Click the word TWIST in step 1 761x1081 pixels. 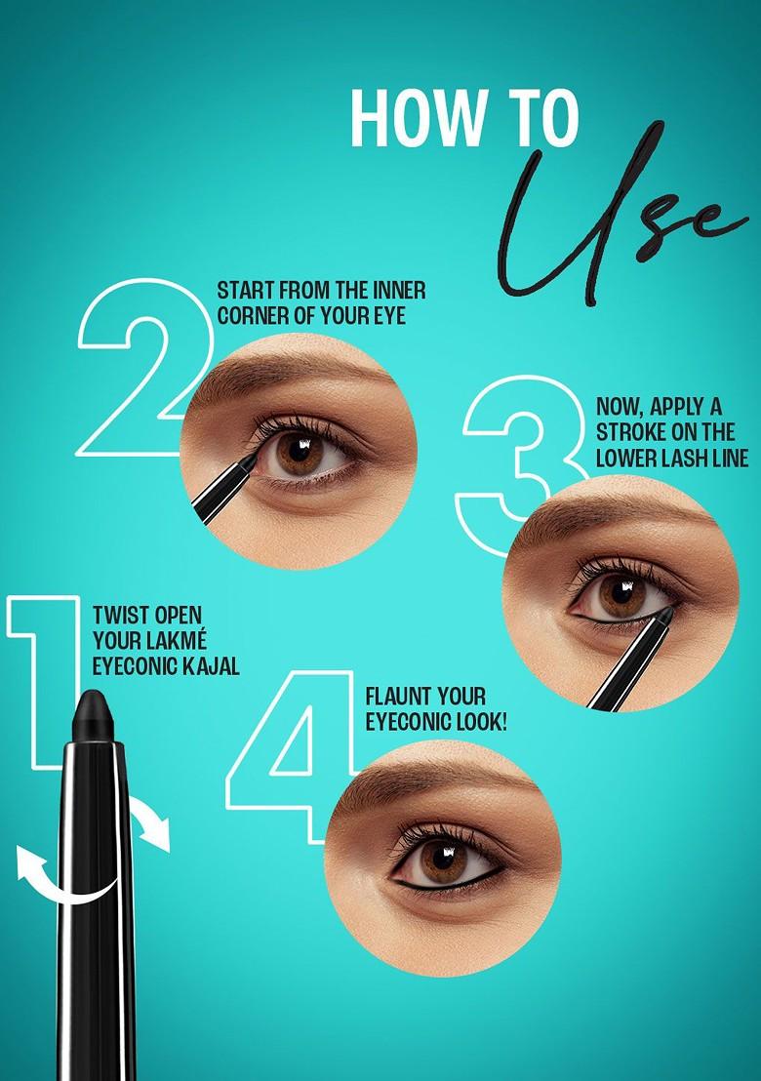click(120, 617)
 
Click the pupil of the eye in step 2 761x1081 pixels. click(299, 453)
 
